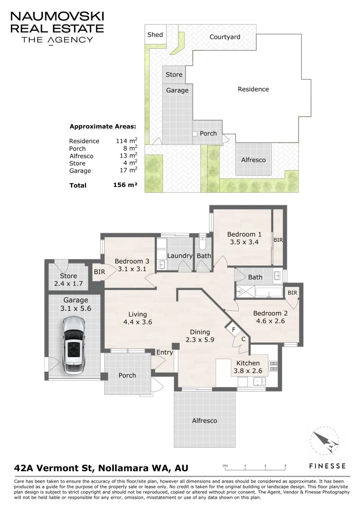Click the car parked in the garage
pyautogui.click(x=74, y=345)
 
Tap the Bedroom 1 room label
pyautogui.click(x=244, y=234)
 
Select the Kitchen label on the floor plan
pyautogui.click(x=248, y=363)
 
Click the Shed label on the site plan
pyautogui.click(x=155, y=34)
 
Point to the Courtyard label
pyautogui.click(x=225, y=37)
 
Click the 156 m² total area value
pyautogui.click(x=125, y=185)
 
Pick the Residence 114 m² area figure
pyautogui.click(x=126, y=141)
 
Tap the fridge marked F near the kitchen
pyautogui.click(x=234, y=330)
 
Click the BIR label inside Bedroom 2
pyautogui.click(x=293, y=293)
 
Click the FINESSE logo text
pyautogui.click(x=327, y=466)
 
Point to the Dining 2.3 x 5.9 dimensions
pyautogui.click(x=200, y=340)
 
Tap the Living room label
pyautogui.click(x=137, y=314)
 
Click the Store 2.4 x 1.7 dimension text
pyautogui.click(x=68, y=283)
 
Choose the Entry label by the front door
pyautogui.click(x=165, y=352)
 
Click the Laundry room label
pyautogui.click(x=180, y=255)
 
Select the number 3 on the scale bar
pyautogui.click(x=285, y=466)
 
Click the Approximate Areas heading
pyautogui.click(x=103, y=127)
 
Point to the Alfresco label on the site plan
pyautogui.click(x=253, y=160)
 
